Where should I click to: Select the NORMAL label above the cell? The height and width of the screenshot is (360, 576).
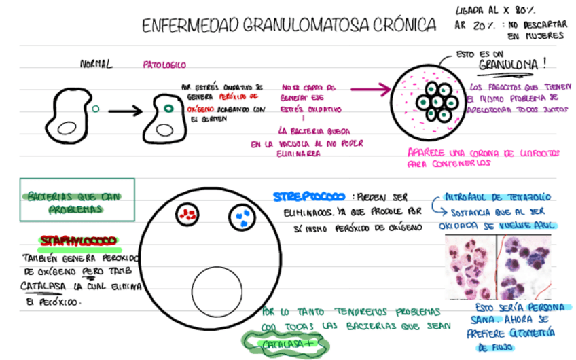(x=96, y=65)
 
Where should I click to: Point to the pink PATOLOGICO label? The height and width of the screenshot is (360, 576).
(x=164, y=65)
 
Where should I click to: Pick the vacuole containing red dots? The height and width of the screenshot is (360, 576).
(x=187, y=215)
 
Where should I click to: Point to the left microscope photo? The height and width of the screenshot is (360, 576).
(x=470, y=267)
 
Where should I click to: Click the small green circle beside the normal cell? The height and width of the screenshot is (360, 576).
(x=95, y=107)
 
